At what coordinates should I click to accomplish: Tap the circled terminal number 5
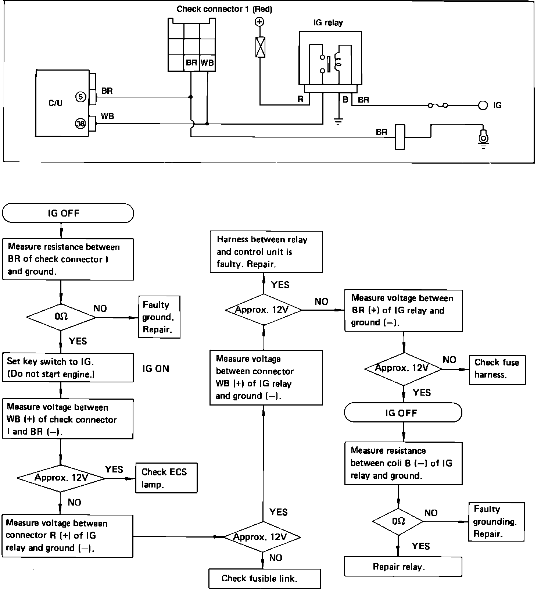pos(81,97)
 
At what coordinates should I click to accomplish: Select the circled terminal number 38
pos(80,124)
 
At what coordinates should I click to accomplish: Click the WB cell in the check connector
pos(207,63)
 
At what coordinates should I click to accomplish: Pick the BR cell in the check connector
pos(191,63)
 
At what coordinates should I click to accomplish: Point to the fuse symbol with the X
pos(260,47)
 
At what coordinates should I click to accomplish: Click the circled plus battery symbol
pos(260,22)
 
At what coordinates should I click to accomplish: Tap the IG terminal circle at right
pos(483,105)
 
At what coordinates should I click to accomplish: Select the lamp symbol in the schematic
pos(483,137)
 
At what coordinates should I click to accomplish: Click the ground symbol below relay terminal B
pos(338,121)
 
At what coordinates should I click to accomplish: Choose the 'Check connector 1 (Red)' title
pos(224,9)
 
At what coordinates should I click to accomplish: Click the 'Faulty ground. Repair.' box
pos(159,317)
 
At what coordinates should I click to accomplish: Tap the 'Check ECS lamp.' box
pos(166,478)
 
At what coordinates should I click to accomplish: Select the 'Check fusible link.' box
pos(264,578)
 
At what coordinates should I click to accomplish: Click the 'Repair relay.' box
pos(403,567)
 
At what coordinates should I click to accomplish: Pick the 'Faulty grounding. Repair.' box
pos(496,522)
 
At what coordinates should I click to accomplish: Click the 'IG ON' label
pos(156,369)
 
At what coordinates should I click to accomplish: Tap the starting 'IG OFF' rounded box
pos(68,213)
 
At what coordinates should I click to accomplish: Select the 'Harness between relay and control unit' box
pos(266,252)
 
